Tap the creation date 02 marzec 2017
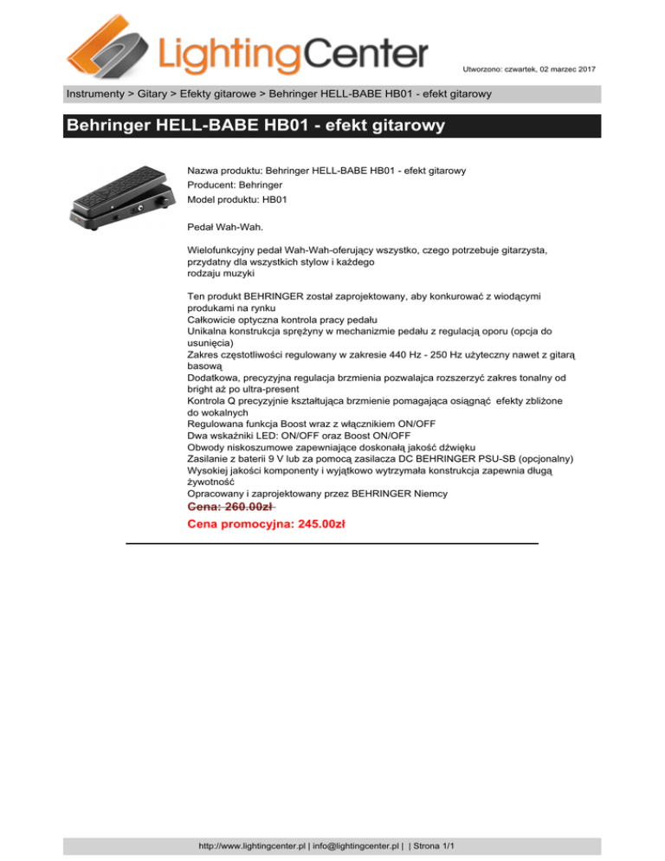click(x=553, y=68)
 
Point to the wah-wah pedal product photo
click(x=121, y=198)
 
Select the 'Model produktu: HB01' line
click(x=237, y=199)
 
